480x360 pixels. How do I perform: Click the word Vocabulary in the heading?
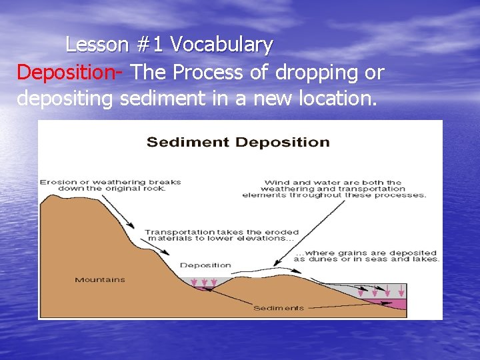(221, 45)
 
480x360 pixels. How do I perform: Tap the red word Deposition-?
(69, 72)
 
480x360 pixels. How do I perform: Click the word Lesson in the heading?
(97, 45)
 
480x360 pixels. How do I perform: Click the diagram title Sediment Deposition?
(238, 142)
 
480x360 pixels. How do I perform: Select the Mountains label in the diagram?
(99, 280)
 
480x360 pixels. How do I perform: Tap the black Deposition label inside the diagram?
(205, 265)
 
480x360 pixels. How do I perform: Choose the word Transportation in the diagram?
(175, 233)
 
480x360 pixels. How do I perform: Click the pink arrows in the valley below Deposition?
(204, 283)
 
